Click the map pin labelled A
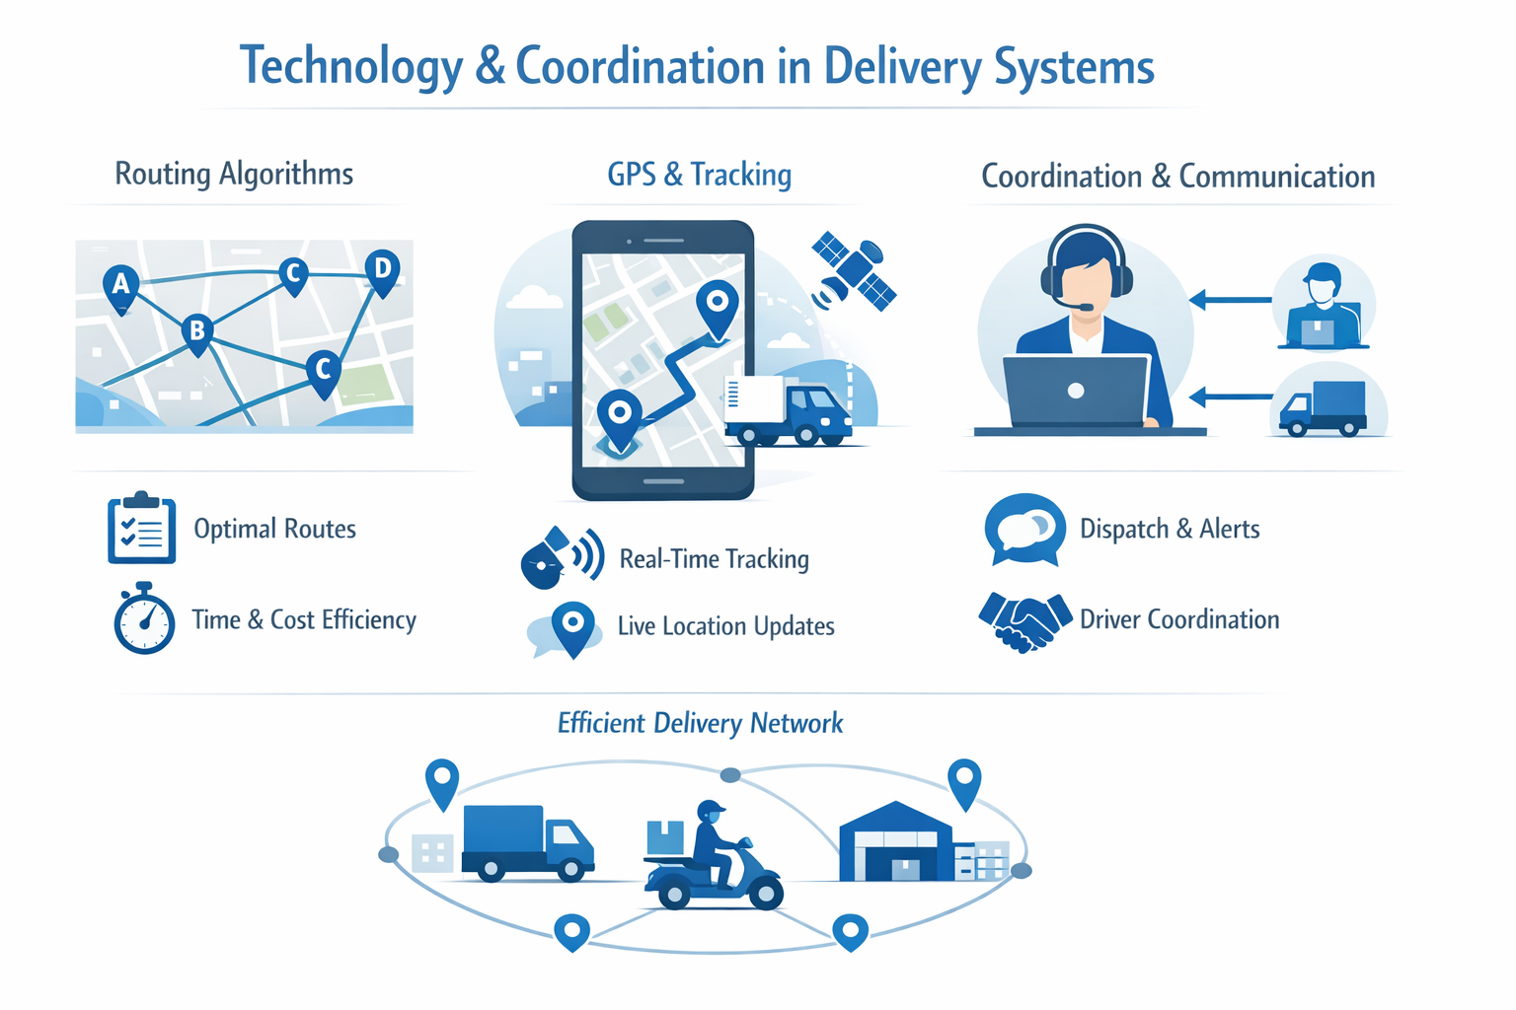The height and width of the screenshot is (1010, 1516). tap(120, 286)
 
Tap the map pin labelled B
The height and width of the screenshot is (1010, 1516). tap(197, 331)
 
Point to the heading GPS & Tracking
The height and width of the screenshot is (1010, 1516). tap(699, 175)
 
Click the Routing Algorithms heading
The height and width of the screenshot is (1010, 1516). tap(234, 174)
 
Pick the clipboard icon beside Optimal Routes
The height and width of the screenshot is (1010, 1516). tap(141, 529)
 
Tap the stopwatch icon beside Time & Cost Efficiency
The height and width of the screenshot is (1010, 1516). tap(144, 620)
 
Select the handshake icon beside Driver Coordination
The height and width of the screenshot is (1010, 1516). tap(1024, 620)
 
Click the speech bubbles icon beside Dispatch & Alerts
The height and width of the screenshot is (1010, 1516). tap(1024, 530)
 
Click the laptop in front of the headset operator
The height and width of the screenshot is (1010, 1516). tap(1076, 392)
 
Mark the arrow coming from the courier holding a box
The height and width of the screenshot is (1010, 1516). tap(1230, 299)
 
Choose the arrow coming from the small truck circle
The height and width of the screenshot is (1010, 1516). tap(1230, 397)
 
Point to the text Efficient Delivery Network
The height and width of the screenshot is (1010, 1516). tap(700, 723)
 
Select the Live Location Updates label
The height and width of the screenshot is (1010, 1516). tap(725, 626)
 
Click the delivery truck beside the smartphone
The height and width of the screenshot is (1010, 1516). tap(789, 409)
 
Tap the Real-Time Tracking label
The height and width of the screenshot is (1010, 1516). tap(714, 559)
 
